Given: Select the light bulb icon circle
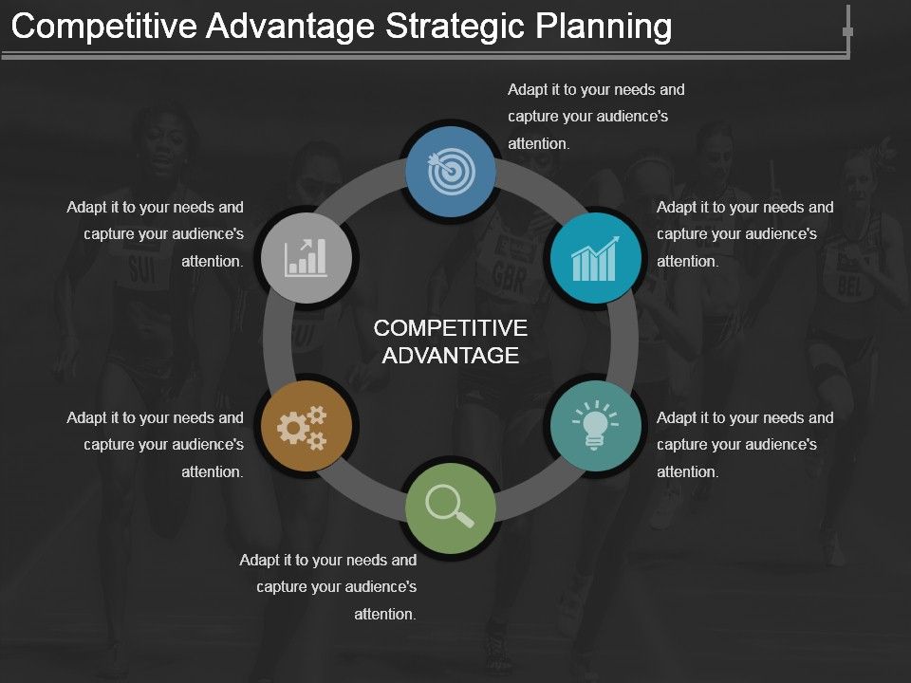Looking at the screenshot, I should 595,426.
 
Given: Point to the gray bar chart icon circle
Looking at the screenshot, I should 307,257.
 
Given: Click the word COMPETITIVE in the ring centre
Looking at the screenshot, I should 451,328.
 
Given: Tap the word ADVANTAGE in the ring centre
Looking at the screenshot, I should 451,356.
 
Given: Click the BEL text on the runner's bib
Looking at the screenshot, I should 848,285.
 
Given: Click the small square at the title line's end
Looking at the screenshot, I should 847,32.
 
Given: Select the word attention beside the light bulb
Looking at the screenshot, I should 688,471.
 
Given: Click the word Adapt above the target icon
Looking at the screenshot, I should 527,90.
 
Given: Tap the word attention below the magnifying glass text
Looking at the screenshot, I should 385,614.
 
